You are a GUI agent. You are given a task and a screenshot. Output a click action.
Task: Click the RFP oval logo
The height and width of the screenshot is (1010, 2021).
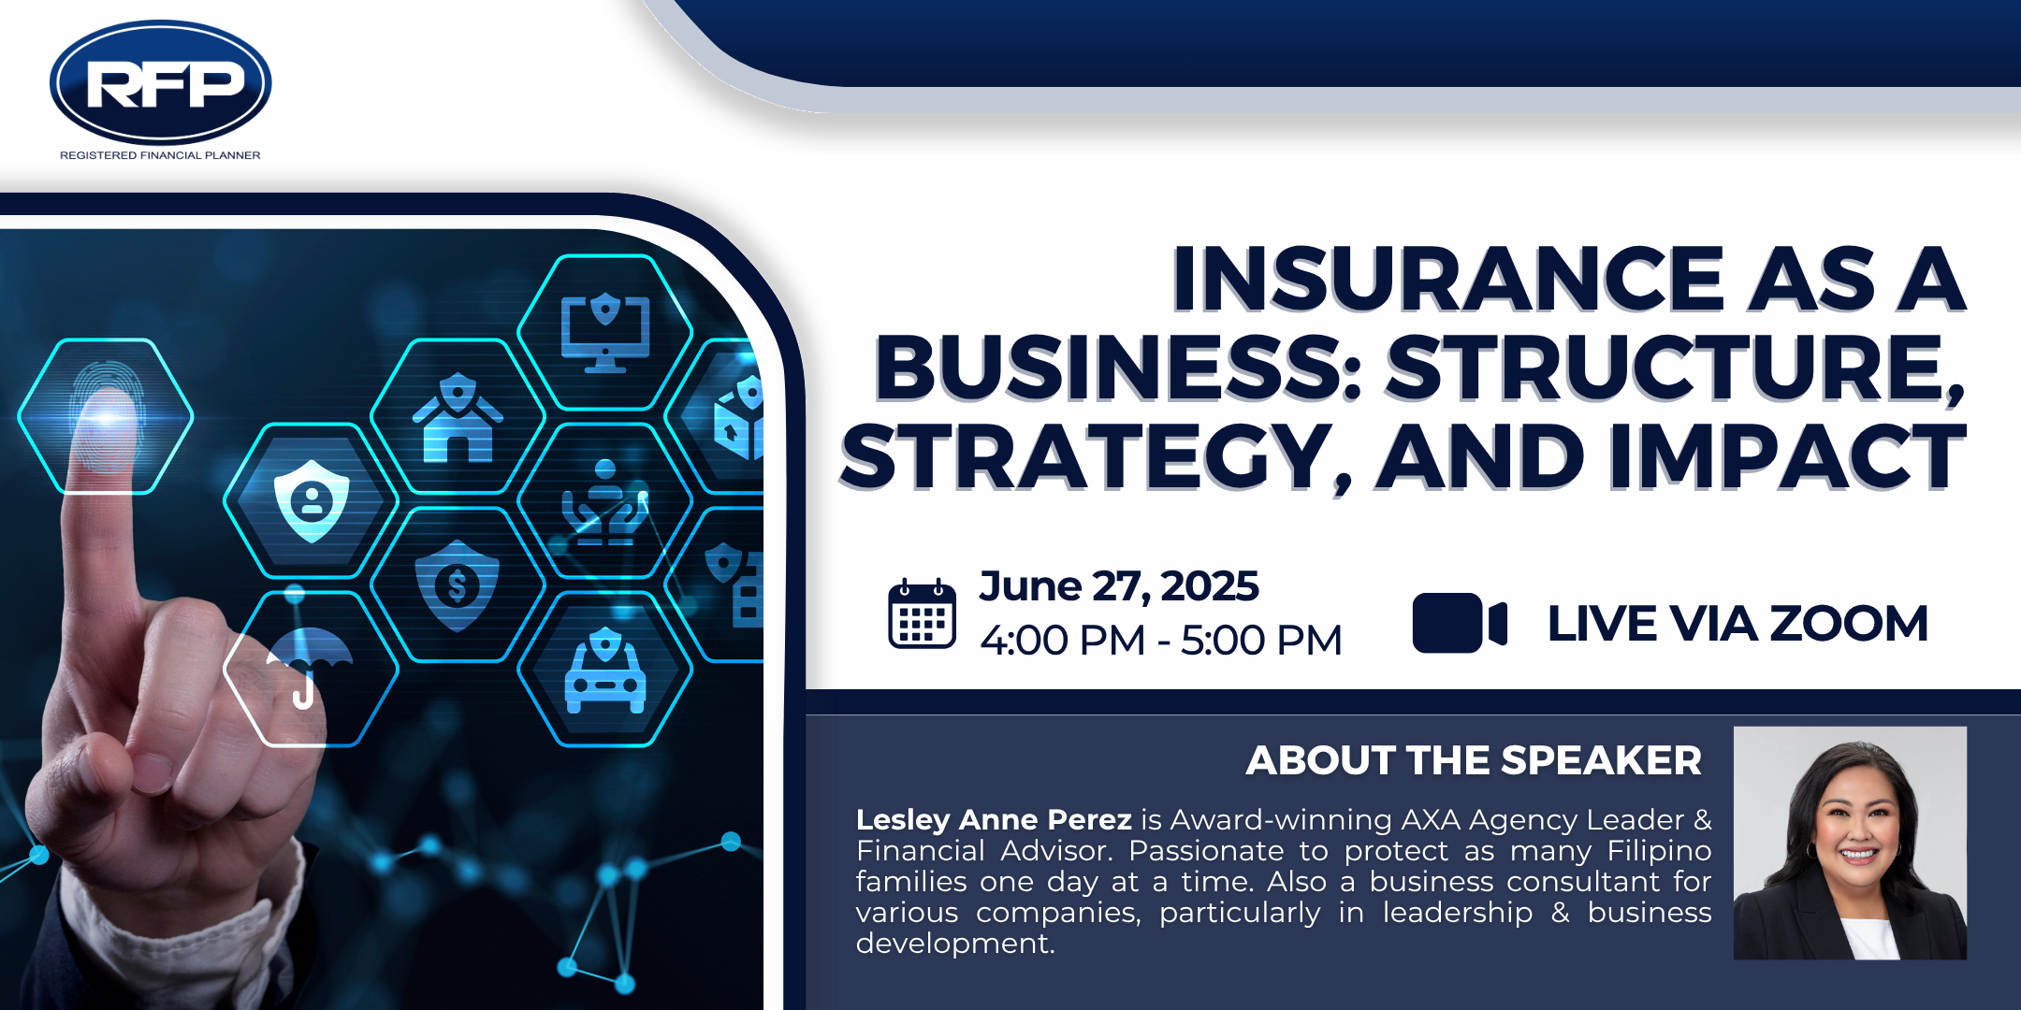tap(160, 82)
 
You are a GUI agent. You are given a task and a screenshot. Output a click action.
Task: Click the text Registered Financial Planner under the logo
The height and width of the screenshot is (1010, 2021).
tap(160, 155)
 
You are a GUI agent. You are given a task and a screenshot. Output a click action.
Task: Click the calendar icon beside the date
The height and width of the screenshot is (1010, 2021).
tap(922, 613)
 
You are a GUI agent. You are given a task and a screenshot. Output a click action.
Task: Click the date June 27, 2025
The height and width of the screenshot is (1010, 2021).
tap(1119, 586)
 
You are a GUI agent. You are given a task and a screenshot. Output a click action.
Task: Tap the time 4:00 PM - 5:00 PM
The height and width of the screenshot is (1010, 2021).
tap(1161, 641)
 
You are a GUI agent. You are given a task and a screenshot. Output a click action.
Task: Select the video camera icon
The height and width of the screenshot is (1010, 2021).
tap(1460, 623)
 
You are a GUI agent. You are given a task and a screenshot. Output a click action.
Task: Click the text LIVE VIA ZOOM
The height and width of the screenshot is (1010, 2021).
tap(1737, 624)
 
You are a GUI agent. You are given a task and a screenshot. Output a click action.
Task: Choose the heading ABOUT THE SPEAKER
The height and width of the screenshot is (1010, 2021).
tap(1474, 760)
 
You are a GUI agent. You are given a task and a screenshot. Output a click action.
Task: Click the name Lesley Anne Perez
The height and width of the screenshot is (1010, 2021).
tap(994, 819)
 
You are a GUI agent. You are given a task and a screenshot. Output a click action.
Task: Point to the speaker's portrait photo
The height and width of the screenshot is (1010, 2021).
tap(1850, 843)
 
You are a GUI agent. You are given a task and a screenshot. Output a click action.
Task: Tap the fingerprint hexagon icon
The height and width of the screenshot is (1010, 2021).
tap(106, 416)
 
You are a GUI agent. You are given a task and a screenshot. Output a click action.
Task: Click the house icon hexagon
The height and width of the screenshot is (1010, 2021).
tap(458, 417)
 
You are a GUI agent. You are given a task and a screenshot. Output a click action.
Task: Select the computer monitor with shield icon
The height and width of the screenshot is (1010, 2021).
tap(605, 333)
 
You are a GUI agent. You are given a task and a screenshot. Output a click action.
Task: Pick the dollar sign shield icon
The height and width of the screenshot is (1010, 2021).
tap(458, 585)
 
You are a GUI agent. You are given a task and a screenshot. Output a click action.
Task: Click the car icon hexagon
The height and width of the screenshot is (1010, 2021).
tap(605, 670)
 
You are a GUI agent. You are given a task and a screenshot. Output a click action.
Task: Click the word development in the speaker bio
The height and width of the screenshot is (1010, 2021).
tap(954, 944)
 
